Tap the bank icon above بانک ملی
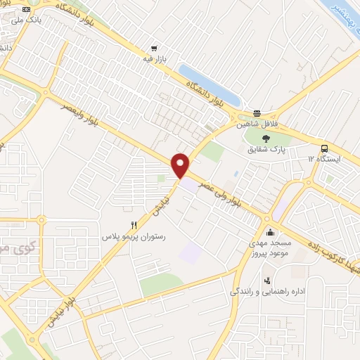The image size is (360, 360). (x=26, y=10)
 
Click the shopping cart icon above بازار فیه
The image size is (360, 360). (x=153, y=49)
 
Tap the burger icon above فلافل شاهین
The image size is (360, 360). (x=257, y=113)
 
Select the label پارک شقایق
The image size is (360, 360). (x=268, y=150)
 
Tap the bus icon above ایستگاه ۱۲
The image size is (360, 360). (x=325, y=148)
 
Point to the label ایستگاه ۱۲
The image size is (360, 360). (x=325, y=159)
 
